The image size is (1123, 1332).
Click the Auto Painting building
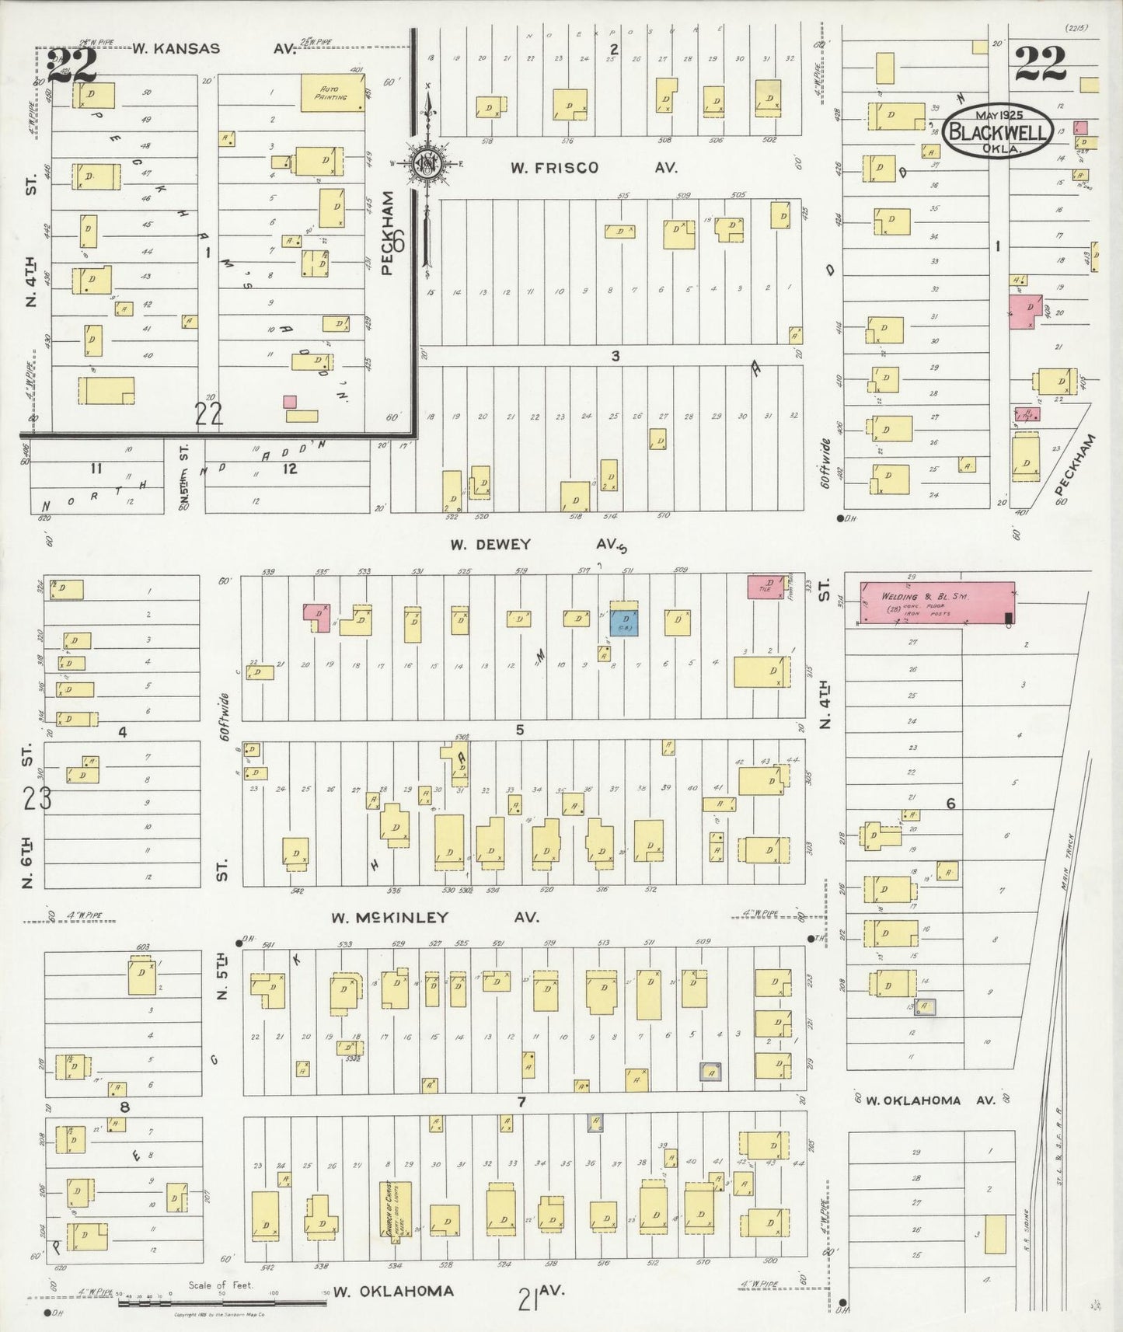(x=333, y=93)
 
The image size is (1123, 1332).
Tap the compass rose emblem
(x=427, y=163)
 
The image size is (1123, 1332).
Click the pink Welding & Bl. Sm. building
(x=936, y=602)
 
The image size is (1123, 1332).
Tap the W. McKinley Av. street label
(x=434, y=917)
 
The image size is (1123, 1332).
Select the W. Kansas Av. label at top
(x=214, y=48)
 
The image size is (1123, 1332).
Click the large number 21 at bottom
(x=528, y=1298)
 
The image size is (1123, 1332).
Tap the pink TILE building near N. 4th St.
(x=766, y=587)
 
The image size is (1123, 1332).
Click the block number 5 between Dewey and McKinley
(x=519, y=729)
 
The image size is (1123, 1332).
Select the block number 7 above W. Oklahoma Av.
(x=521, y=1101)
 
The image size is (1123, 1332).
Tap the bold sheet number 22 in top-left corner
(x=71, y=65)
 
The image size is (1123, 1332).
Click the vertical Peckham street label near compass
(x=389, y=233)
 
